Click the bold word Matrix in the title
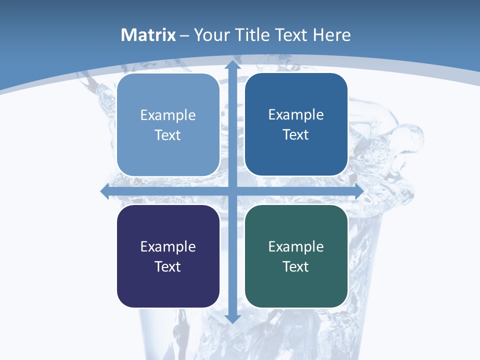[148, 35]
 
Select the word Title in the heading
[253, 35]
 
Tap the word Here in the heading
[332, 35]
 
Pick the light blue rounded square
[168, 125]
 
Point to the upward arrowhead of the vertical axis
[232, 65]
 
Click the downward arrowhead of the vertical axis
[232, 318]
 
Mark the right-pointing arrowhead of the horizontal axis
[358, 191]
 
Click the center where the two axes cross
[232, 191]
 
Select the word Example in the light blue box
[168, 115]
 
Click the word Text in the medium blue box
[296, 135]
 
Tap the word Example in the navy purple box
[168, 247]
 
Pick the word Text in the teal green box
[296, 266]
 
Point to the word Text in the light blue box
[168, 135]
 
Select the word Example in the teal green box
[296, 247]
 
